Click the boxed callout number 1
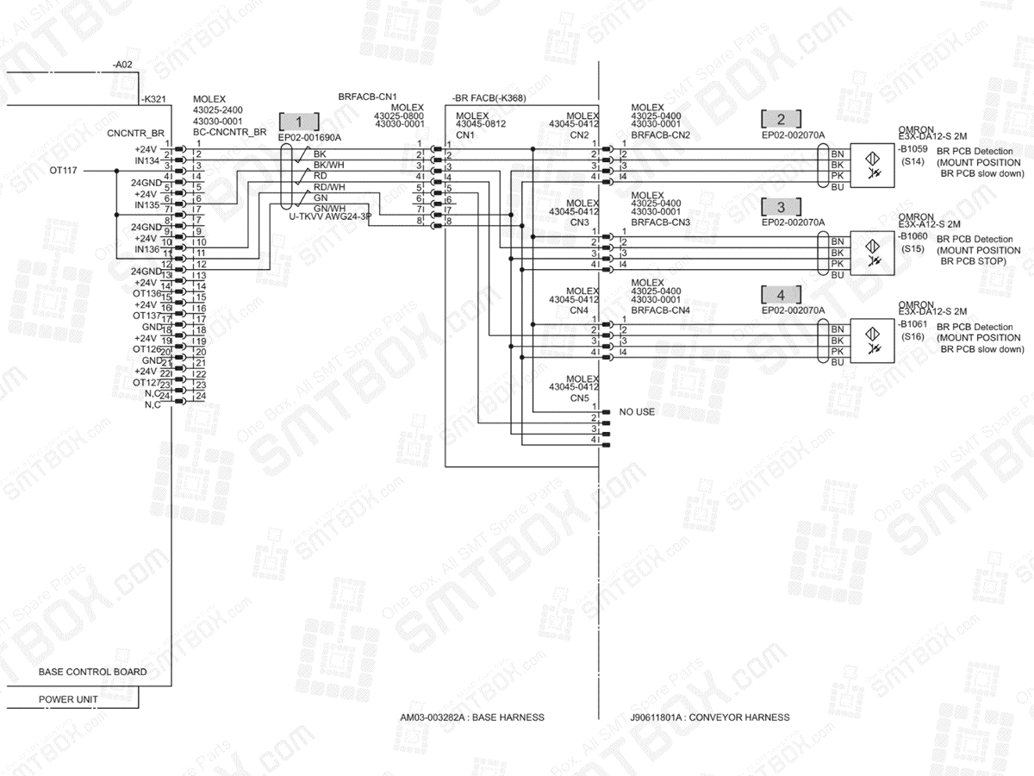[299, 122]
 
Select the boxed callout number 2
[781, 120]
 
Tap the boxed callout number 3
[781, 207]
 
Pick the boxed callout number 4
[781, 294]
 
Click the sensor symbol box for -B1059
[874, 162]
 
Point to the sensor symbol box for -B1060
[874, 250]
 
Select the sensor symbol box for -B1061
[874, 338]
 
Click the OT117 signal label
[63, 171]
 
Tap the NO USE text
[637, 412]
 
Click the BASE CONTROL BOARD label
[92, 672]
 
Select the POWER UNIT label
[68, 699]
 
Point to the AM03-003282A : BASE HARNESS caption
[472, 717]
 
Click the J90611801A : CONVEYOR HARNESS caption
[709, 717]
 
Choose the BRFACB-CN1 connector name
[367, 97]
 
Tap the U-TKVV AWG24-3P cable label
[330, 217]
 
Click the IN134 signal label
[146, 160]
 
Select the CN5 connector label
[579, 397]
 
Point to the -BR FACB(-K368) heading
[488, 98]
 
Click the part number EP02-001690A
[309, 137]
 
